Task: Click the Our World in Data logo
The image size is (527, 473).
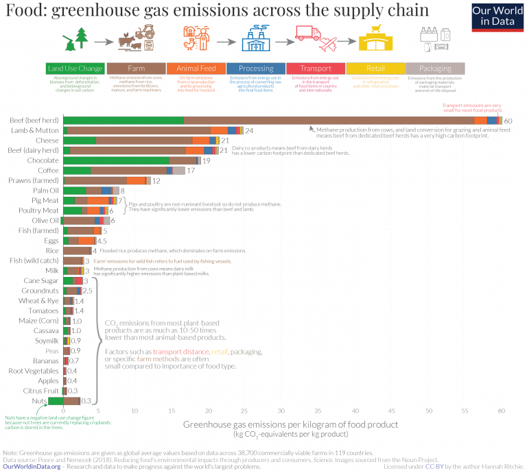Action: tap(497, 16)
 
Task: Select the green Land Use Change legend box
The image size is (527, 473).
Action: tap(75, 69)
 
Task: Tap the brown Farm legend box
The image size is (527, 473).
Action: tap(136, 69)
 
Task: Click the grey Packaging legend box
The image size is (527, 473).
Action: tap(435, 69)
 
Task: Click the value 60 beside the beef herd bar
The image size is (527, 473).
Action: tap(508, 121)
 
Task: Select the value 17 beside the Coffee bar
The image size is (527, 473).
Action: tap(191, 170)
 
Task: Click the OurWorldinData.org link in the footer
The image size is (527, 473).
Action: tap(31, 466)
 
